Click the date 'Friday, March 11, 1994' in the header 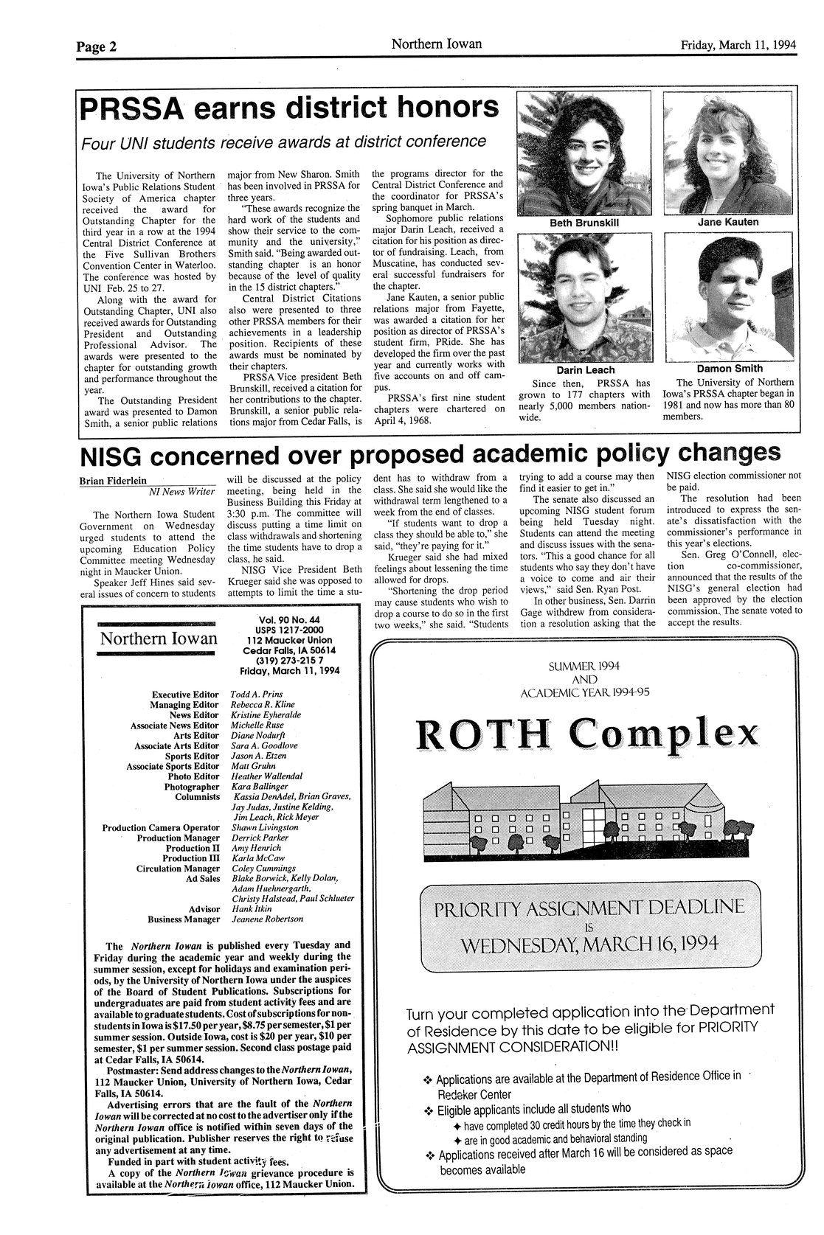pyautogui.click(x=738, y=45)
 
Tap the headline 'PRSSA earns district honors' pyautogui.click(x=289, y=108)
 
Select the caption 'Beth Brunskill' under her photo pyautogui.click(x=584, y=223)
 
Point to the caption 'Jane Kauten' pyautogui.click(x=727, y=221)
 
